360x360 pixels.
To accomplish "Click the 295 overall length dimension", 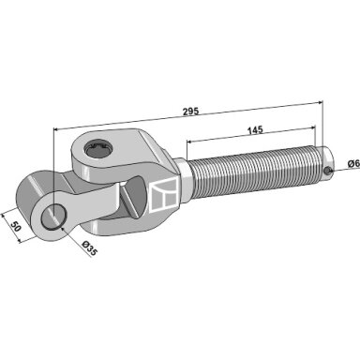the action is [x=190, y=112].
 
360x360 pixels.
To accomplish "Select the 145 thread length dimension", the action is [x=255, y=130].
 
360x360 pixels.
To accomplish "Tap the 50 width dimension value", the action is [x=16, y=226].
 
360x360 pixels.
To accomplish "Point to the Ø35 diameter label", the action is [x=89, y=248].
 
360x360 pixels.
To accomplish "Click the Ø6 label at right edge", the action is [x=353, y=163].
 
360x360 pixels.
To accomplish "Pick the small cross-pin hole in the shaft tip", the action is [x=327, y=171].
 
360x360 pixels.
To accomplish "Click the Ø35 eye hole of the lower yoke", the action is [x=54, y=216].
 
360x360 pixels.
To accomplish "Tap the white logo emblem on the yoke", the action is [x=165, y=195].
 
